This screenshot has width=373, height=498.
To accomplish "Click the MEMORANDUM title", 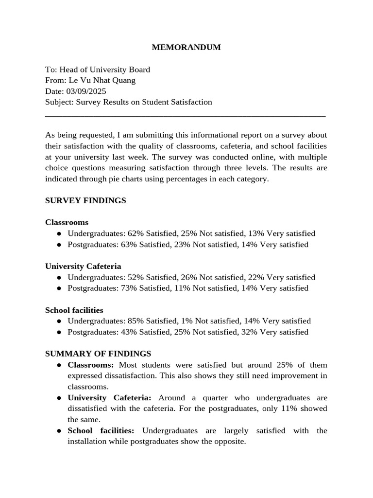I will tap(186, 47).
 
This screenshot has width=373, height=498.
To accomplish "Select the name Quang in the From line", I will tap(124, 80).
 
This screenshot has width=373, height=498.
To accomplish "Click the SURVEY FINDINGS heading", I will tap(85, 200).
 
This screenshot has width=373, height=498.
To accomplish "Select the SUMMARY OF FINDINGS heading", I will tap(98, 354).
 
